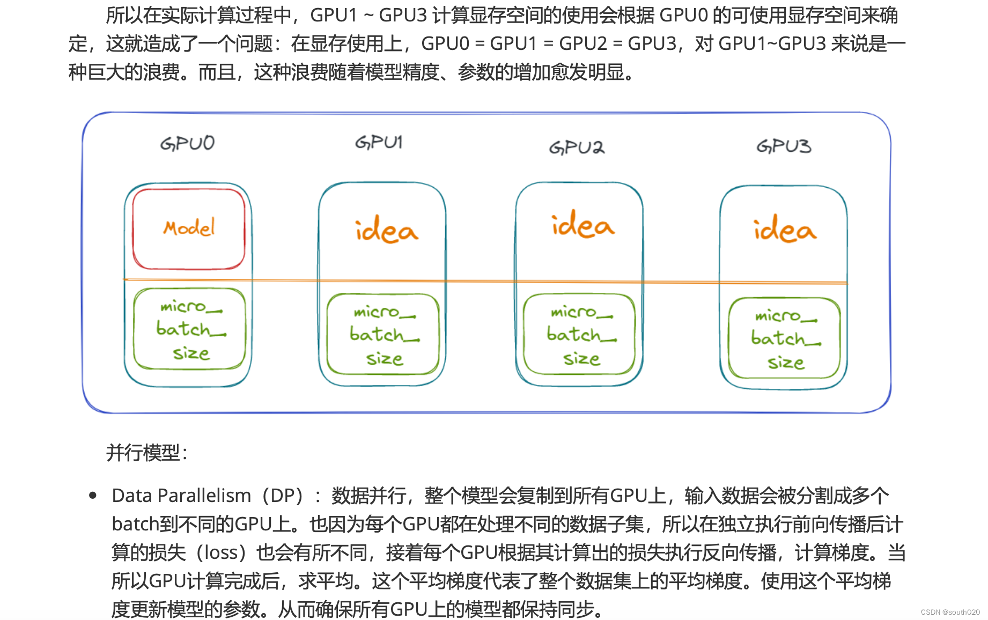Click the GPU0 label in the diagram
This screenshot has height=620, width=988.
tap(187, 143)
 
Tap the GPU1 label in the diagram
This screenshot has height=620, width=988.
tap(379, 142)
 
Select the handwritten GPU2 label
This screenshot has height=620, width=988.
tap(577, 147)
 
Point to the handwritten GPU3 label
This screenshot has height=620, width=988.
tap(784, 146)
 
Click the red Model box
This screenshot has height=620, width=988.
tap(189, 228)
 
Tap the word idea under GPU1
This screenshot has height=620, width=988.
tap(386, 230)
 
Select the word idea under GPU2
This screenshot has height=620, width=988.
tap(583, 225)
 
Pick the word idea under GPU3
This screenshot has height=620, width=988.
tap(785, 230)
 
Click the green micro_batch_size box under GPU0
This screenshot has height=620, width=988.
tap(189, 329)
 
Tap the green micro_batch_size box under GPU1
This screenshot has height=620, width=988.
tap(383, 334)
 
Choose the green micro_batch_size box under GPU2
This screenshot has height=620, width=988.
tap(580, 334)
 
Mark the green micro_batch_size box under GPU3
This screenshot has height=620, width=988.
tap(785, 338)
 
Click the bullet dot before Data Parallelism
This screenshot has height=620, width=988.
tap(93, 495)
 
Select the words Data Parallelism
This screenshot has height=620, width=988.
tap(181, 496)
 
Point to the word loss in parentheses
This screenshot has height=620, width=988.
tap(220, 552)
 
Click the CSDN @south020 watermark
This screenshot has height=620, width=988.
tap(950, 612)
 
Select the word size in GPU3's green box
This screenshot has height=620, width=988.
tap(786, 363)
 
